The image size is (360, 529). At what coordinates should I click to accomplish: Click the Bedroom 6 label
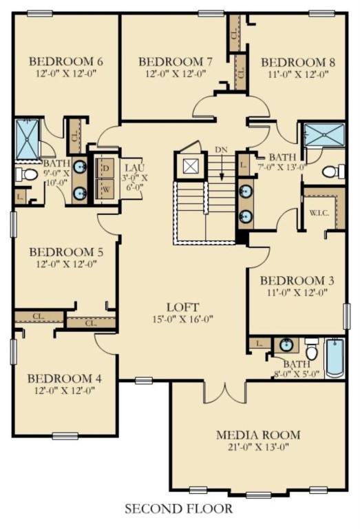pos(66,61)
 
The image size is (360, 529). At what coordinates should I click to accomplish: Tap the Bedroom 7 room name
pos(176,62)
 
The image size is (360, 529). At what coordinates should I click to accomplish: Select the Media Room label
pos(258,435)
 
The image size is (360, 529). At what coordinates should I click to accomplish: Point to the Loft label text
pos(182,307)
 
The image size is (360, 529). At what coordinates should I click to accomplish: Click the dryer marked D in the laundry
pos(105,167)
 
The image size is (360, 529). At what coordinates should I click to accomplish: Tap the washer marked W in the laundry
pos(105,189)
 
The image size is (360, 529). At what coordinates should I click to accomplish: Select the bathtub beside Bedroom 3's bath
pos(335,358)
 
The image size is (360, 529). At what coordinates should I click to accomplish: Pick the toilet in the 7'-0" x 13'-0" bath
pos(333,172)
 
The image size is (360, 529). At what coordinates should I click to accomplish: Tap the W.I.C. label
pos(319,214)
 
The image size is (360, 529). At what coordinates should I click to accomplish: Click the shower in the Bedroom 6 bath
pos(28,139)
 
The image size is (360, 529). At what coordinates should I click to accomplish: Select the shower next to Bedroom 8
pos(324,134)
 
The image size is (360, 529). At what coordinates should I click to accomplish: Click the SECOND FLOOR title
pos(179,508)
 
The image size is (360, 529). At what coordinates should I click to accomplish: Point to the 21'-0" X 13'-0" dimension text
pos(258,447)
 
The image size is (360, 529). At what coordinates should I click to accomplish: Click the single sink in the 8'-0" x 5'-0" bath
pos(286,345)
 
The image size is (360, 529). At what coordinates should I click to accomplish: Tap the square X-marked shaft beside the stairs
pos(188,165)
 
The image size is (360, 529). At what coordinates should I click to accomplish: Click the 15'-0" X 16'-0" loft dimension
pos(183,319)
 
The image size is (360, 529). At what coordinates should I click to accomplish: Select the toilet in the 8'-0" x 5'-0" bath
pos(311,350)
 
